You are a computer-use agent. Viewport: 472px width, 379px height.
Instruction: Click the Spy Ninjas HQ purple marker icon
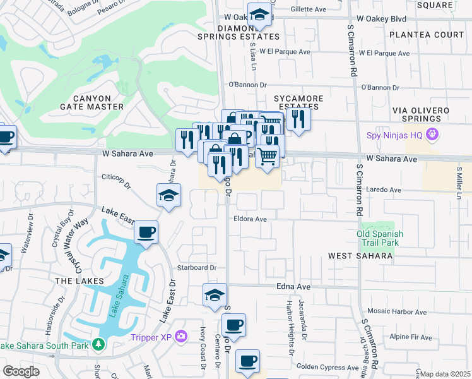coord(432,135)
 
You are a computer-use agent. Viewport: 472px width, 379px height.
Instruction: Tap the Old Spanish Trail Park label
coord(379,238)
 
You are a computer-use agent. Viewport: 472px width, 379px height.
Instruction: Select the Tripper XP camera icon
coord(181,336)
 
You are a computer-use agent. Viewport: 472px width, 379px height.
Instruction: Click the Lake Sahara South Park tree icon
coord(98,344)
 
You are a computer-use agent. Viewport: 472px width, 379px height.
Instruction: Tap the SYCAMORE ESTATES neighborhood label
coord(298,104)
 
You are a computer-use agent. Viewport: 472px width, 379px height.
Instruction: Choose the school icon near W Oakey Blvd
coord(259,15)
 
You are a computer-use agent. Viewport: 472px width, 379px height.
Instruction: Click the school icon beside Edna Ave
coord(215,295)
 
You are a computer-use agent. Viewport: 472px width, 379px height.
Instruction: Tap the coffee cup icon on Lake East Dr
coord(146,233)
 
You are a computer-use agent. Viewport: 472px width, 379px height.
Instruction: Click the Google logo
coord(20,371)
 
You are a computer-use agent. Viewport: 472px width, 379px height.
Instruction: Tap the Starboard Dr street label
coord(197,268)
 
